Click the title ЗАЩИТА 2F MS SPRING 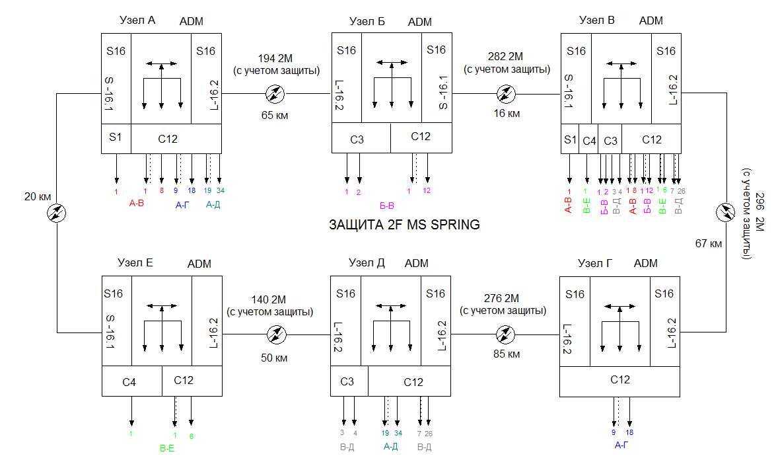(404, 225)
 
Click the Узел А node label (137, 20)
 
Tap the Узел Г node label (596, 262)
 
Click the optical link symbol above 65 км (274, 94)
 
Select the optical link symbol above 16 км (506, 94)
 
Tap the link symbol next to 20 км (57, 213)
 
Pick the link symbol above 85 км (505, 334)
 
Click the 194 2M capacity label (276, 56)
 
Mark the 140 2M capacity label (269, 297)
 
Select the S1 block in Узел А (116, 138)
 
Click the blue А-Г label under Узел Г (621, 445)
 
